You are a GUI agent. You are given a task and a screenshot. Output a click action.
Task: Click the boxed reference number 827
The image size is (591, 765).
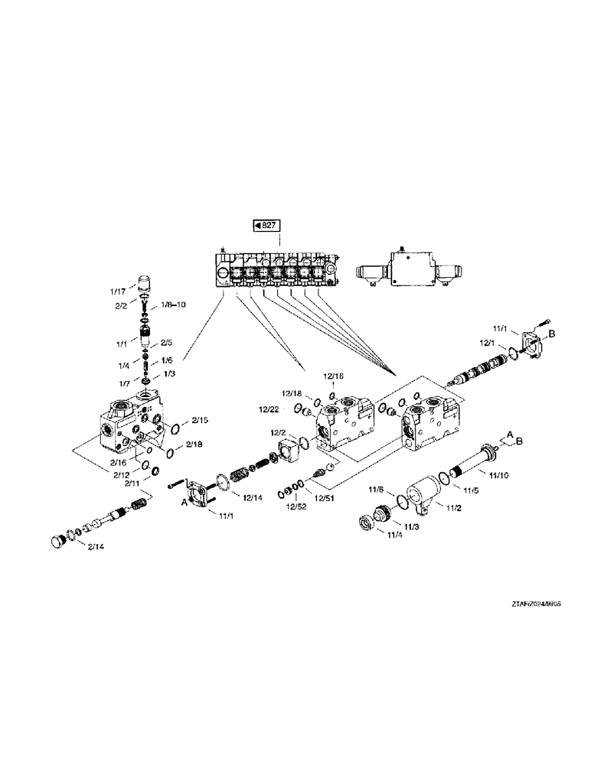point(266,225)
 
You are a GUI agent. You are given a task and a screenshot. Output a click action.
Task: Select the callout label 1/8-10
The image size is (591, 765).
point(171,305)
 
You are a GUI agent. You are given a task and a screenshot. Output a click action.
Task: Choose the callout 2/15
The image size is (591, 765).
point(200,421)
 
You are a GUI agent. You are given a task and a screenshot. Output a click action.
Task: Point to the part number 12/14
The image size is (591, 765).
point(253,498)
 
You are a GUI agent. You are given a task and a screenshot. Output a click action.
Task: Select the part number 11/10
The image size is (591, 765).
point(498,474)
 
